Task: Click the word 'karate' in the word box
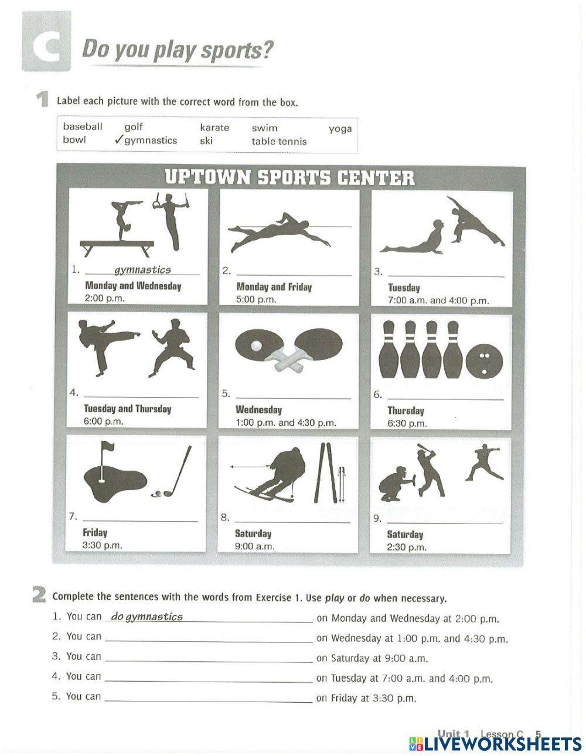pyautogui.click(x=214, y=127)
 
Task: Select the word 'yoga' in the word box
pyautogui.click(x=340, y=128)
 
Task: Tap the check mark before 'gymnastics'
pyautogui.click(x=118, y=140)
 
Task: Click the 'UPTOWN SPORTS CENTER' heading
pyautogui.click(x=289, y=177)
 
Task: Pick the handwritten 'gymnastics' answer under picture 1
pyautogui.click(x=142, y=269)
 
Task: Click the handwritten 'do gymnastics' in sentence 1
pyautogui.click(x=146, y=617)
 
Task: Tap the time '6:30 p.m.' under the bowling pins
pyautogui.click(x=407, y=423)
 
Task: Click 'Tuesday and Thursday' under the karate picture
pyautogui.click(x=127, y=409)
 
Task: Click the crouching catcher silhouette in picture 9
pyautogui.click(x=394, y=481)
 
